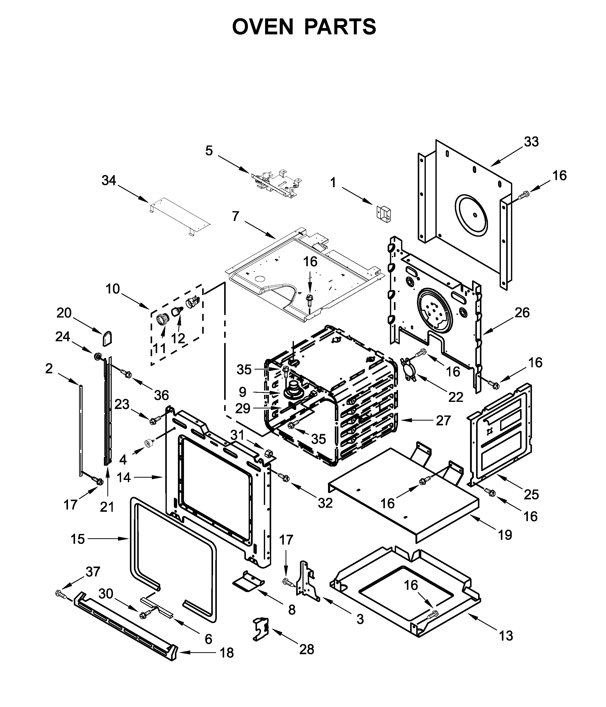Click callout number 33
pyautogui.click(x=531, y=142)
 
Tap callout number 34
pyautogui.click(x=109, y=180)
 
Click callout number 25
pyautogui.click(x=531, y=494)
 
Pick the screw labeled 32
pyautogui.click(x=284, y=478)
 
